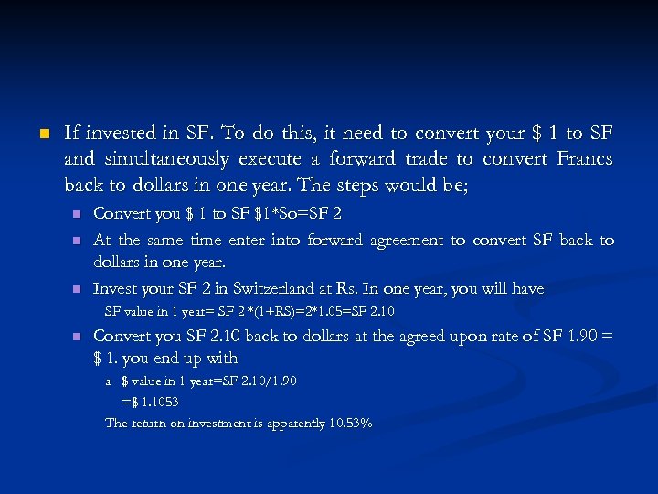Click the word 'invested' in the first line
point(117,134)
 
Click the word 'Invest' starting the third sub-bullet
point(116,289)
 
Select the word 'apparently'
point(293,423)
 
